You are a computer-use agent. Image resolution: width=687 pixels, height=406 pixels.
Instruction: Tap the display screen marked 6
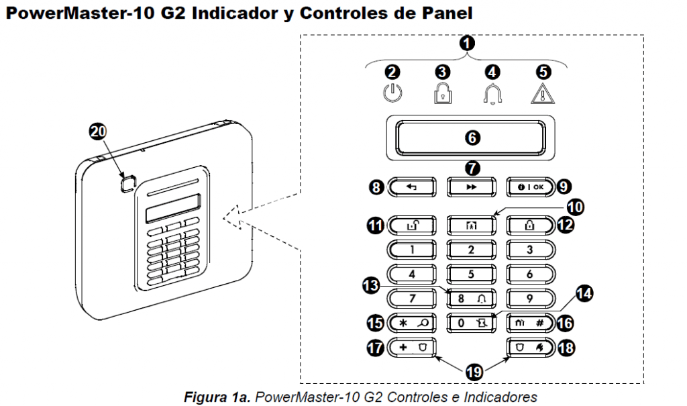(471, 138)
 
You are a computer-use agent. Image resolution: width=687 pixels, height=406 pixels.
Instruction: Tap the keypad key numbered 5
(471, 273)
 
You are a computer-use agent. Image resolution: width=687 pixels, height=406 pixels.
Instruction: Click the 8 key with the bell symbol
(471, 297)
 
